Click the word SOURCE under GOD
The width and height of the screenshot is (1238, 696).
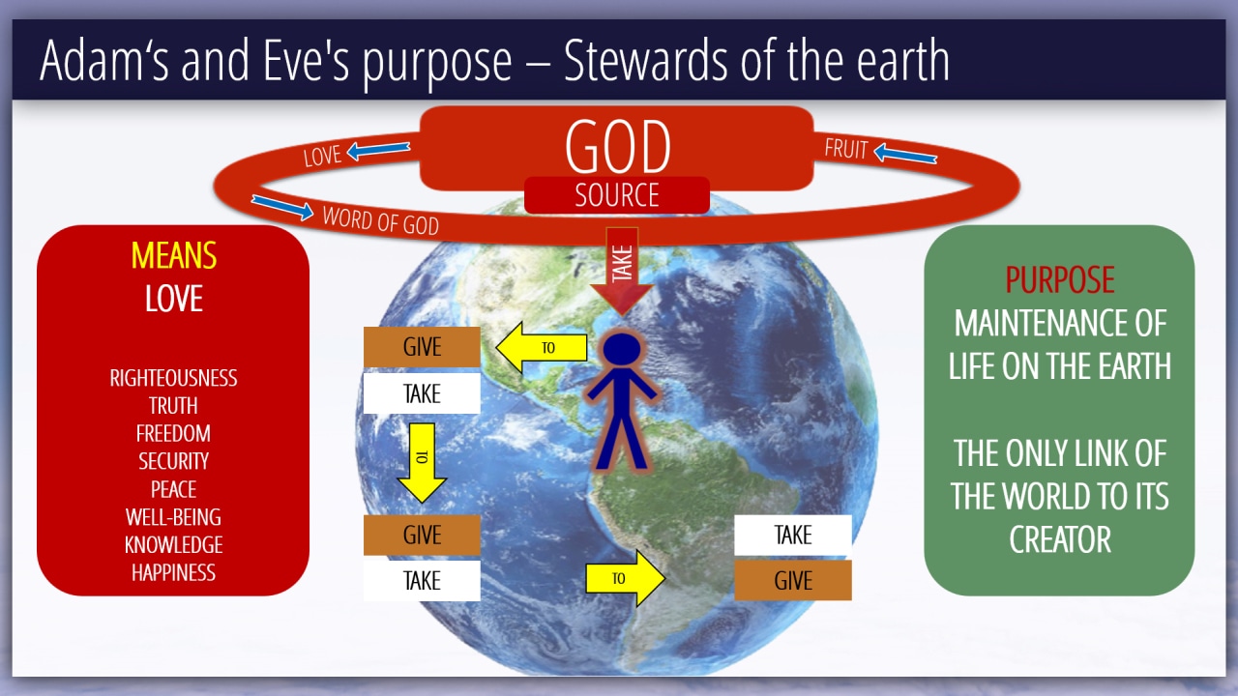point(617,195)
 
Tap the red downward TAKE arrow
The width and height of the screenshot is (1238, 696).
point(622,272)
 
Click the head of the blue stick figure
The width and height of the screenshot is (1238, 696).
point(622,349)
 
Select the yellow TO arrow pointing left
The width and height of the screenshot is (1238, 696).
point(541,347)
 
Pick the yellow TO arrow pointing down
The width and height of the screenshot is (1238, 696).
point(422,463)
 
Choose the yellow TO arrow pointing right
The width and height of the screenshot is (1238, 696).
point(626,578)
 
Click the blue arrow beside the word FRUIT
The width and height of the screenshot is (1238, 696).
point(905,154)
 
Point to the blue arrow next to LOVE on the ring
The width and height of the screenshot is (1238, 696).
point(378,150)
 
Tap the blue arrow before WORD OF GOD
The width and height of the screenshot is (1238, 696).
point(282,207)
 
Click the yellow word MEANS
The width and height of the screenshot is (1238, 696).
point(173,255)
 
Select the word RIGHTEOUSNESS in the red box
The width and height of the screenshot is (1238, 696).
point(173,378)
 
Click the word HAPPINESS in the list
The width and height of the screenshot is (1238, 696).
point(173,573)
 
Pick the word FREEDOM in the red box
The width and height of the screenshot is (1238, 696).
point(173,434)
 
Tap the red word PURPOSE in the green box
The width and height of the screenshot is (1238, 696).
point(1059,279)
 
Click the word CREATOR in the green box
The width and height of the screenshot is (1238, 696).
point(1059,539)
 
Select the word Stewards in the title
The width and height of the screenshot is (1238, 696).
point(645,60)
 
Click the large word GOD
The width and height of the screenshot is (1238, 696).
point(617,146)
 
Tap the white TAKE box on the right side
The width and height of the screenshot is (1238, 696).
point(792,535)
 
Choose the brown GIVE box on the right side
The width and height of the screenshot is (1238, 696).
point(792,581)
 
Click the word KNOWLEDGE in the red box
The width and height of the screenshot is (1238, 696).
point(173,545)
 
